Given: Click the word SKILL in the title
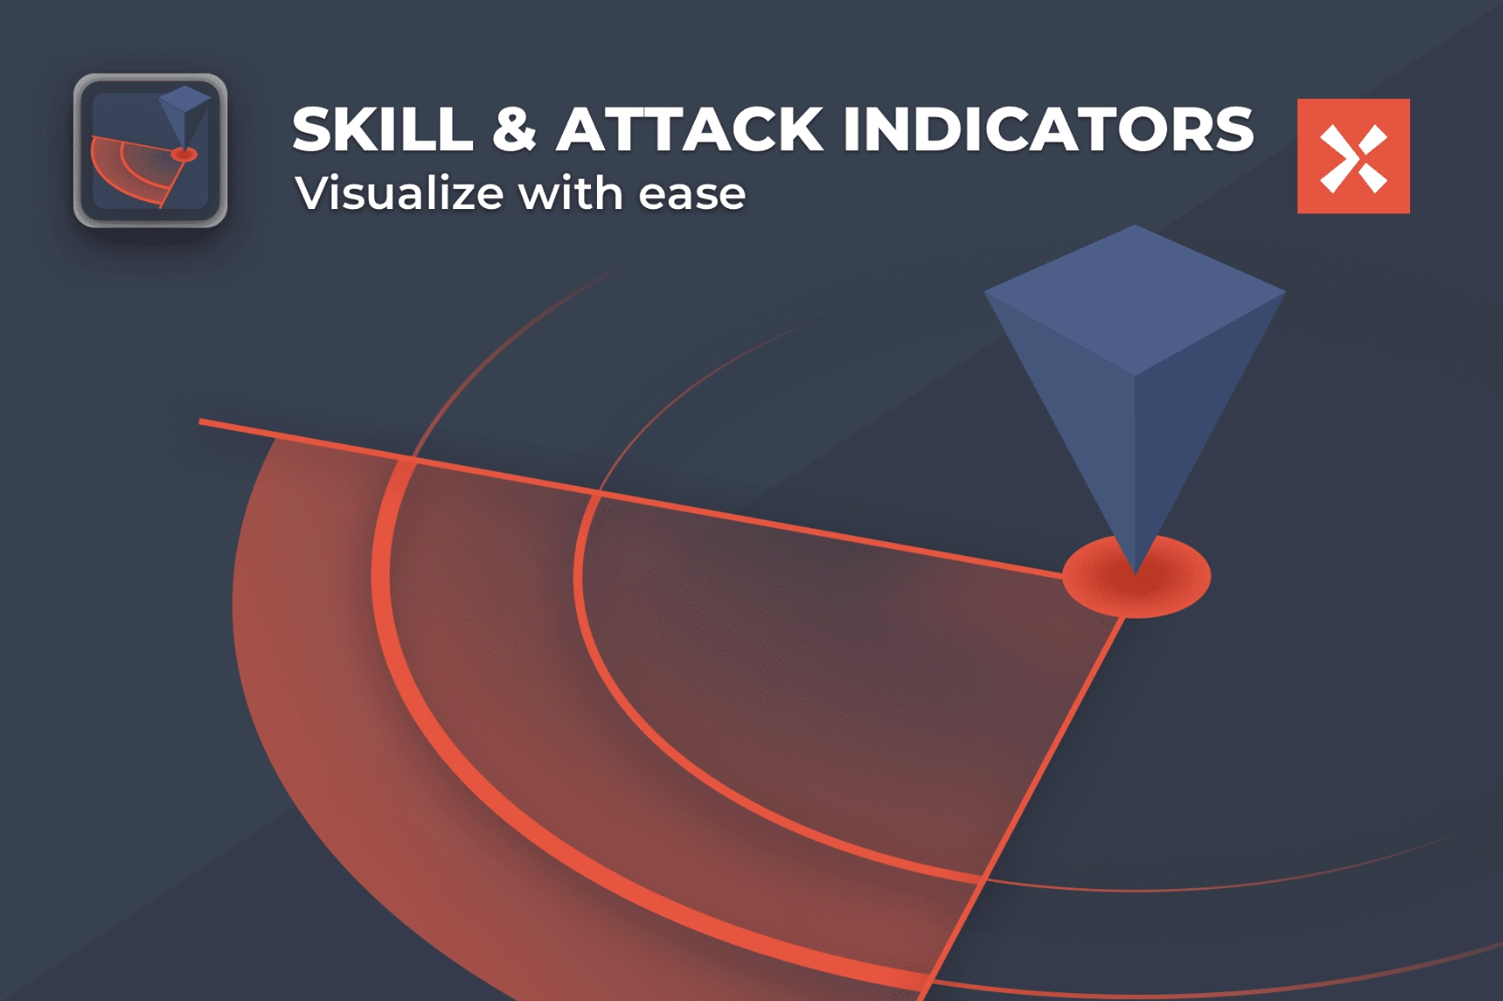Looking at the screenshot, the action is (x=383, y=129).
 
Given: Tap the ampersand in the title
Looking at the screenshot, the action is (x=515, y=129).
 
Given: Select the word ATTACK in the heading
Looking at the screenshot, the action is (x=690, y=129).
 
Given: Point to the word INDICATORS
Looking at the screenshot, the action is (x=1048, y=129).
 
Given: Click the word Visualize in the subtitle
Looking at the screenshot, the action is (x=399, y=193).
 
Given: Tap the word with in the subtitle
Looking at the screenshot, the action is (x=571, y=192).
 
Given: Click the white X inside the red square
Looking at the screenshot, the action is (x=1353, y=157).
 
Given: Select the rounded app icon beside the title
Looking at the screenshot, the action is (x=150, y=150).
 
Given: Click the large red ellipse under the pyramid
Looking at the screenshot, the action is (x=1136, y=576).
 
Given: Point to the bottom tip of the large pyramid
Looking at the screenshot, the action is (x=1135, y=574).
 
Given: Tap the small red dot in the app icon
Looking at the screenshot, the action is (x=184, y=154).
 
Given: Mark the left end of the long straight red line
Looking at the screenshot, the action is (x=200, y=422).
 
